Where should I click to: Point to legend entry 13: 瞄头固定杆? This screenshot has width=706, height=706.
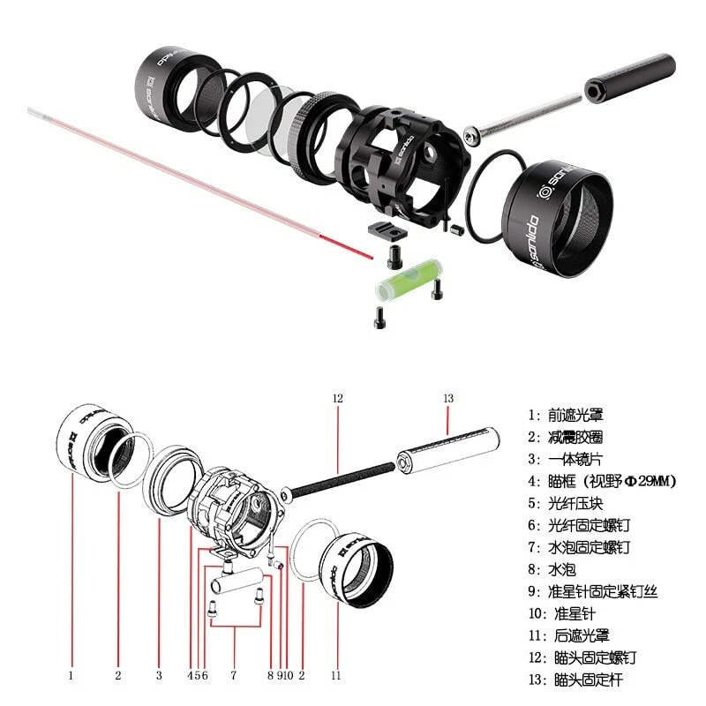[582, 680]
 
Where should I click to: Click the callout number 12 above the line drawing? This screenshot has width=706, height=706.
[336, 399]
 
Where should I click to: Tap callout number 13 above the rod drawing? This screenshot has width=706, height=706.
[447, 399]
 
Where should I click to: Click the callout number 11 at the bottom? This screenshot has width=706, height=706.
[335, 675]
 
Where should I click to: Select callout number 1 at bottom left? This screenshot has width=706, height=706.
[71, 675]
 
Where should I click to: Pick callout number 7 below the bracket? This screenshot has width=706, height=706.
[233, 675]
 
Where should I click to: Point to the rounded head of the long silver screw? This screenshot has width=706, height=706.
[474, 134]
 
